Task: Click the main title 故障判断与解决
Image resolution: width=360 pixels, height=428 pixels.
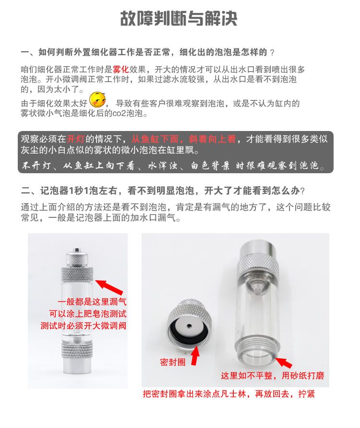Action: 179,19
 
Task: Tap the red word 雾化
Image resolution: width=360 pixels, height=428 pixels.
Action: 120,69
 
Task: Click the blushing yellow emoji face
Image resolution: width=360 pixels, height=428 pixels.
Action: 97,100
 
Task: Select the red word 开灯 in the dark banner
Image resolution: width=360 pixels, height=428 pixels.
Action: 76,139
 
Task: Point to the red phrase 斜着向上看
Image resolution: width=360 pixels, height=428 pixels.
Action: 212,139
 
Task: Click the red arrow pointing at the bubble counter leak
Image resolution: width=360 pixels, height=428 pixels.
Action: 109,287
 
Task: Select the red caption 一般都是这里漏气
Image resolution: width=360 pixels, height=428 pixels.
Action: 92,302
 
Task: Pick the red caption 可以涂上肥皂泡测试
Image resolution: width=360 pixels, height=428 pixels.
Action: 88,314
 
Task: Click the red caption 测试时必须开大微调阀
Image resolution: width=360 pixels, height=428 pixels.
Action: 84,326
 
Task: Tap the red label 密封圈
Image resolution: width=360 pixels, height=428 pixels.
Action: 173,362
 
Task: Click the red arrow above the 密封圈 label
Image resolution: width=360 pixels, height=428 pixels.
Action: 195,355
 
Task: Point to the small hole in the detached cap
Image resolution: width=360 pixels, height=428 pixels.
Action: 189,326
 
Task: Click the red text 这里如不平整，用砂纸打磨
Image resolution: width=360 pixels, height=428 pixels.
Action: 272,376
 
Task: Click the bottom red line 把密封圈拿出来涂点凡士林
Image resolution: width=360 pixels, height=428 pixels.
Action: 229,394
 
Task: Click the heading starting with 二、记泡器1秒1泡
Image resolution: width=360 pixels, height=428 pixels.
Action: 163,190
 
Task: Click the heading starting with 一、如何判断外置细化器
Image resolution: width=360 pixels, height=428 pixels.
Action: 147,52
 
